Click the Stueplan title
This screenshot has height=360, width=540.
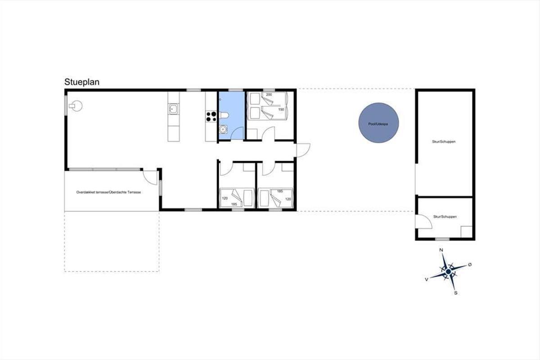82,82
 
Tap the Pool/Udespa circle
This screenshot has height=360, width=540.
378,123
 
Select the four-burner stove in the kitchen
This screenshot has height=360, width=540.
211,116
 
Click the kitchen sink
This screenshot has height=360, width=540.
174,109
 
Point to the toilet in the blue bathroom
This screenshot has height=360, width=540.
224,115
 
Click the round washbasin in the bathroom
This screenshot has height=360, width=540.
223,130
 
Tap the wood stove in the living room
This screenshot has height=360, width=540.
76,106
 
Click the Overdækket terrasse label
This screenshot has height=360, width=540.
108,192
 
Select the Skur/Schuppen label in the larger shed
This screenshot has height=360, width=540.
444,142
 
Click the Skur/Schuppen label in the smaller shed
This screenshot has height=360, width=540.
445,216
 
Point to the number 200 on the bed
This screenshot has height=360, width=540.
269,94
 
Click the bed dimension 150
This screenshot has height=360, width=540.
281,109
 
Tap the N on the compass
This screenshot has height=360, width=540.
441,250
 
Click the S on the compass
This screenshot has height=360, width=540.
455,293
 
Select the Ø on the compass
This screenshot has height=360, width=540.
470,265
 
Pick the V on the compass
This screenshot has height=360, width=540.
427,279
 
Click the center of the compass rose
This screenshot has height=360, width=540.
448,272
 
